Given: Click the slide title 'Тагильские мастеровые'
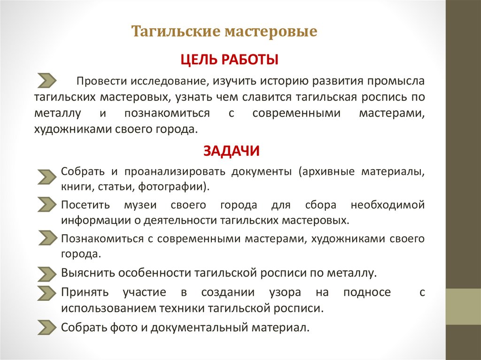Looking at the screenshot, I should [x=224, y=32].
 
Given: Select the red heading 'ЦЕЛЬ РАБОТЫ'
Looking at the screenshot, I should [x=229, y=60].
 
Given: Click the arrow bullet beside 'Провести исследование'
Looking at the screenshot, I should [x=47, y=81].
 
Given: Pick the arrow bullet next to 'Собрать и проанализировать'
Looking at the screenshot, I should [x=47, y=176].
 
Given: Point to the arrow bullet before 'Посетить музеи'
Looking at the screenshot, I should [x=47, y=204].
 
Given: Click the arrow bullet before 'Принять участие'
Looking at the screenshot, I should [x=47, y=292].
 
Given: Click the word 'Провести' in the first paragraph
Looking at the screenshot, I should [x=99, y=81].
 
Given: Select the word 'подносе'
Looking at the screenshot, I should [x=373, y=292].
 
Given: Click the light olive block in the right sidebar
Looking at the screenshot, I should [x=463, y=306].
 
